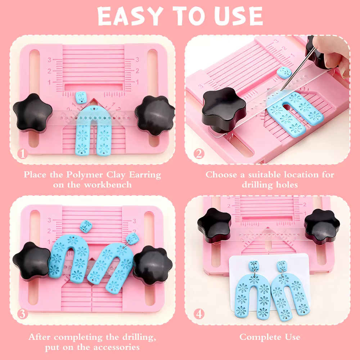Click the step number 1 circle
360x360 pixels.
click(x=22, y=154)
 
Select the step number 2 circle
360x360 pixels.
click(x=199, y=154)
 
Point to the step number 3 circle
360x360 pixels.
click(x=22, y=314)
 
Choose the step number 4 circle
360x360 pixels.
click(x=199, y=314)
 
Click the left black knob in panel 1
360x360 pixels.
click(x=32, y=113)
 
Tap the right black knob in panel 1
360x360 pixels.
click(x=155, y=116)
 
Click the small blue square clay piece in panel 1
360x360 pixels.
click(x=81, y=97)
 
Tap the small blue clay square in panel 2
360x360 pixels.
click(x=284, y=72)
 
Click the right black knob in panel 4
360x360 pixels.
click(x=322, y=226)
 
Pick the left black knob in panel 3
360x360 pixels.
click(x=32, y=261)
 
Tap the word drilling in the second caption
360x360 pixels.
click(x=257, y=185)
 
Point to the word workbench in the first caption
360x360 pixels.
click(x=108, y=185)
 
